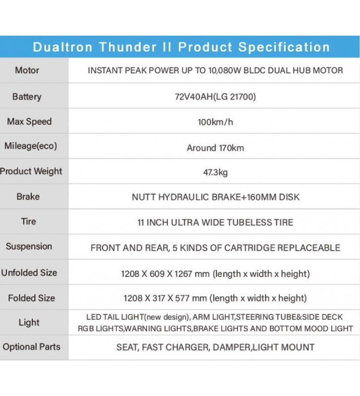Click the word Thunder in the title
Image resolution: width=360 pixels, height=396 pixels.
128,47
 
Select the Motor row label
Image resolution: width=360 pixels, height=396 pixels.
27,70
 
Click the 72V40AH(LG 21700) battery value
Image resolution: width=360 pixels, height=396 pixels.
215,97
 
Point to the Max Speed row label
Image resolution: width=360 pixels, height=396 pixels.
29,121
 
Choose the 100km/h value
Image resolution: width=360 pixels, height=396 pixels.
215,122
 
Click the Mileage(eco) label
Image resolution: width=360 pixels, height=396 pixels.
31,146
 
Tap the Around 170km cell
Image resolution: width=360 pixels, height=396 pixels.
215,148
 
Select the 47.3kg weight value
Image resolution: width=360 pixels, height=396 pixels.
215,172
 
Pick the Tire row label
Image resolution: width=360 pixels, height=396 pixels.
29,221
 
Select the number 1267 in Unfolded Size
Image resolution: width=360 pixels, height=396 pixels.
183,274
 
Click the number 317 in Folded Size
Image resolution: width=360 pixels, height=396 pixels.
158,298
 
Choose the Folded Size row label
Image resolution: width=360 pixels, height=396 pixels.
32,298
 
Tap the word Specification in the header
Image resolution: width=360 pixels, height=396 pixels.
284,47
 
